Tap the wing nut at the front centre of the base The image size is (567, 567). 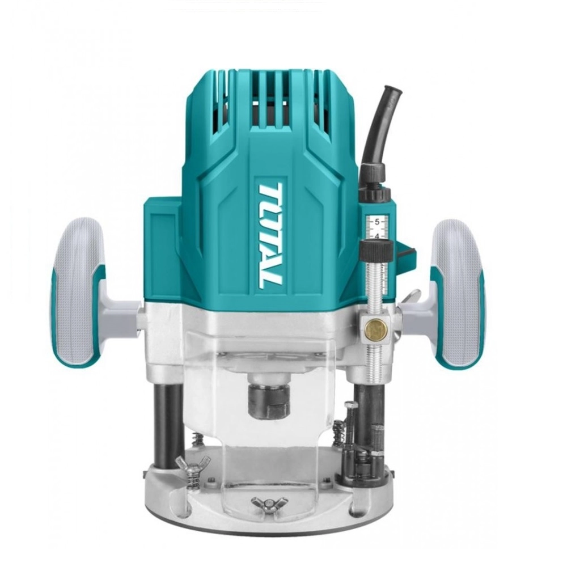coord(266,502)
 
